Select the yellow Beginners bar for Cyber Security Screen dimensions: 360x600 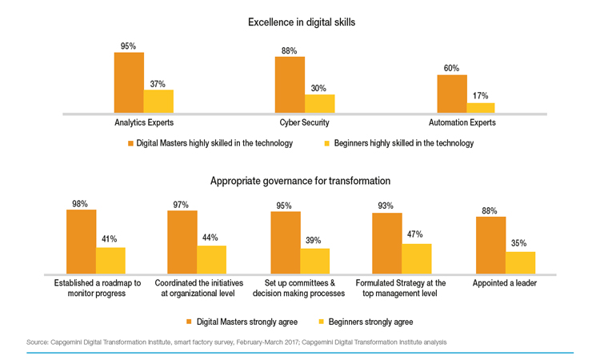(320, 105)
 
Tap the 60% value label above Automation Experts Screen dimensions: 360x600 (451, 69)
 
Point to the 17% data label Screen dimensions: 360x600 (480, 96)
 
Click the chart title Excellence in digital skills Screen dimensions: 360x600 (302, 22)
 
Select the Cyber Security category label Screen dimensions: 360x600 (304, 123)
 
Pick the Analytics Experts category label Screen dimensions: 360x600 (144, 123)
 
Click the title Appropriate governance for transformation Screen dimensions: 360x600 (300, 181)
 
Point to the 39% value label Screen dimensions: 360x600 (315, 241)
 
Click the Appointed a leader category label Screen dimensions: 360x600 (504, 283)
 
